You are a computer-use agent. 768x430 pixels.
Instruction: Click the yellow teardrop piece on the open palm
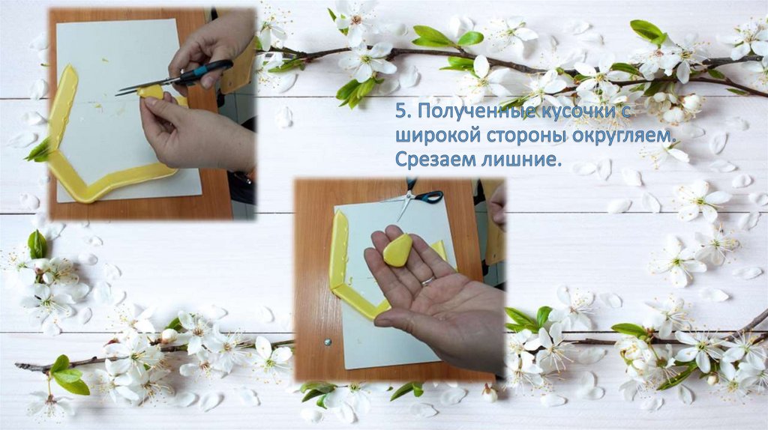click(397, 250)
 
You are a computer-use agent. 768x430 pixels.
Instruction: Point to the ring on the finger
click(427, 281)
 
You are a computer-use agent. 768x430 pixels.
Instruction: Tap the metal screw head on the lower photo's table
click(327, 342)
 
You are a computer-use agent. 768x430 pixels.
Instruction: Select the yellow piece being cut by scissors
click(151, 91)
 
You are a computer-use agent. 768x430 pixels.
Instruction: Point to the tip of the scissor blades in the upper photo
click(117, 94)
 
